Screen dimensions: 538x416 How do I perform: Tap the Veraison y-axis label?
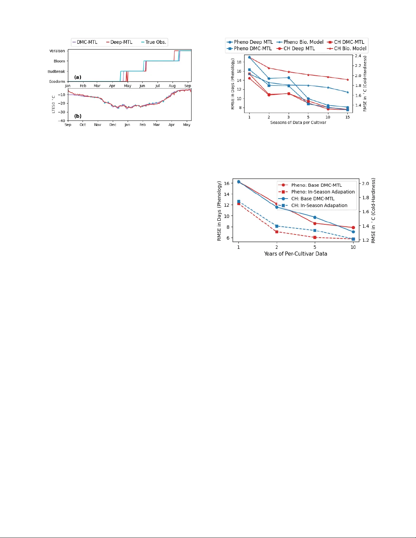tap(57, 51)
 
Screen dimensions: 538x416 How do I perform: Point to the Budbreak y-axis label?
tap(56, 72)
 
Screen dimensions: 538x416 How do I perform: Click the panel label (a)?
tap(78, 77)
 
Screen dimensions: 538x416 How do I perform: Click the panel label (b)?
tap(78, 116)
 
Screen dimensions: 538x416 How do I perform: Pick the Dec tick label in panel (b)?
tap(113, 125)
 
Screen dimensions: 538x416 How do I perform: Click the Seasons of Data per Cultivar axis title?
tap(298, 123)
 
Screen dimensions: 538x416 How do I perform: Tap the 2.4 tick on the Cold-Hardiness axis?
tap(358, 56)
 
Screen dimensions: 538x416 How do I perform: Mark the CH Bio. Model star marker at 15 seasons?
tap(347, 80)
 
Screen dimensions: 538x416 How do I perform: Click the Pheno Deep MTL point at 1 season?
tap(249, 57)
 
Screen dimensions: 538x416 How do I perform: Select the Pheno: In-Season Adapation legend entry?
tap(323, 192)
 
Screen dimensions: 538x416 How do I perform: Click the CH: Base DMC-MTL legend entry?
tap(312, 199)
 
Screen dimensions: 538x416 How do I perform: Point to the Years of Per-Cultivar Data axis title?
tap(295, 254)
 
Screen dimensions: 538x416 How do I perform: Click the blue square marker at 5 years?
tap(315, 230)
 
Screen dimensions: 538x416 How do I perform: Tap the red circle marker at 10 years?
tap(353, 227)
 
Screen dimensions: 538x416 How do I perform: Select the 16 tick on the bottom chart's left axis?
tap(227, 183)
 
